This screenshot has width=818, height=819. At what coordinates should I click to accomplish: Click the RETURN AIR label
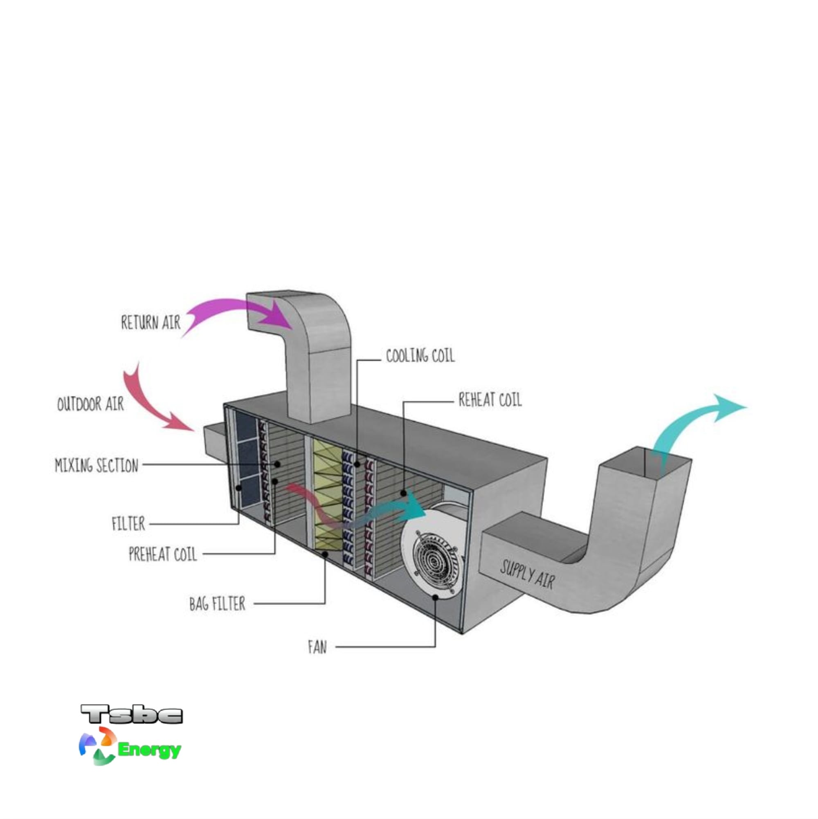click(x=151, y=323)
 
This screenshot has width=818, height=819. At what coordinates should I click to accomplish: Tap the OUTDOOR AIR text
click(x=90, y=404)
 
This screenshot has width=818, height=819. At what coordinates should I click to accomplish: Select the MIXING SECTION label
click(x=97, y=465)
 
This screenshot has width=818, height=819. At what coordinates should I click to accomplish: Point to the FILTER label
click(x=128, y=524)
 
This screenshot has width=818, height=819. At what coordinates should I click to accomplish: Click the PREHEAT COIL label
click(x=163, y=554)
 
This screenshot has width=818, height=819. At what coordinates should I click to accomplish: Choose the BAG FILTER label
click(x=217, y=604)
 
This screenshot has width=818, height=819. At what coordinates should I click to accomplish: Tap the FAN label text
click(x=317, y=647)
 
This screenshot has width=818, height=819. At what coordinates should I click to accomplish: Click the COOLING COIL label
click(x=420, y=356)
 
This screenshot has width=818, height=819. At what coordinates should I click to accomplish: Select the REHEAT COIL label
click(x=490, y=400)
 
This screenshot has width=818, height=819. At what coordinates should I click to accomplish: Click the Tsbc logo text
click(x=131, y=714)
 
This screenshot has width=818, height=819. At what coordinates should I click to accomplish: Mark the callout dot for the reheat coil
click(x=403, y=493)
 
